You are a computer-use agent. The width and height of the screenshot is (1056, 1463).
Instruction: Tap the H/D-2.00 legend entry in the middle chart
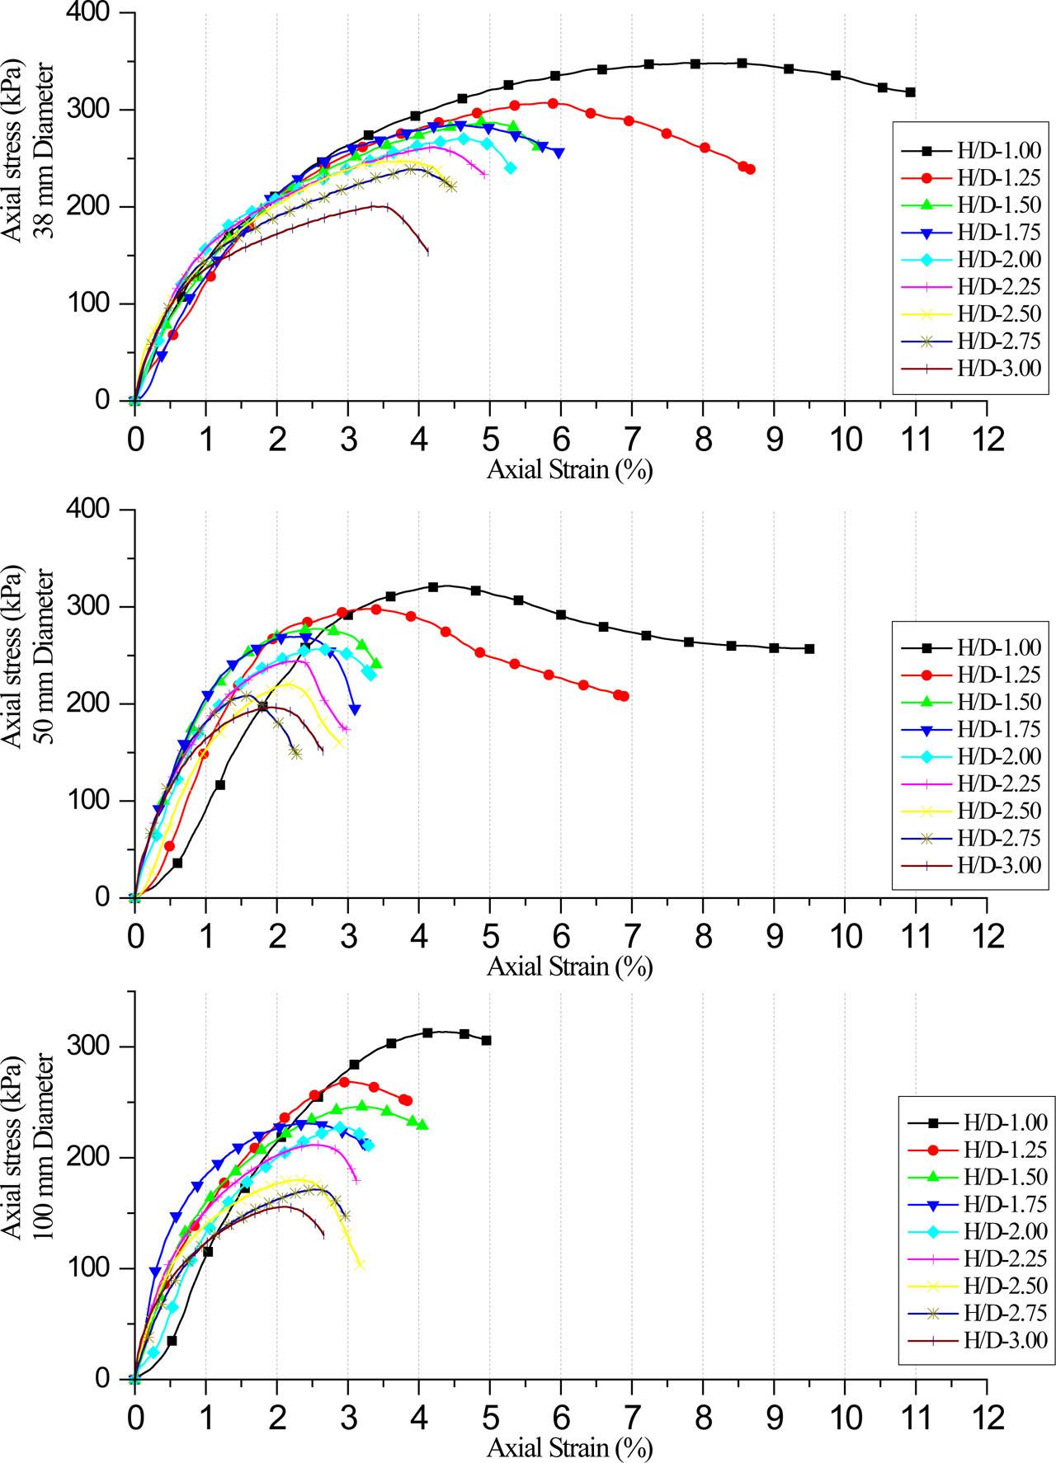[970, 755]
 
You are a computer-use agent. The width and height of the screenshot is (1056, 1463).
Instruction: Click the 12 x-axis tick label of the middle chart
[986, 935]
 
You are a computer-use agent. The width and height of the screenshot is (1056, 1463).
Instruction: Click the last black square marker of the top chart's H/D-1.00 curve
[910, 92]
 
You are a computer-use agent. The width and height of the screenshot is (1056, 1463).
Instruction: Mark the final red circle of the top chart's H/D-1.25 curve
[750, 169]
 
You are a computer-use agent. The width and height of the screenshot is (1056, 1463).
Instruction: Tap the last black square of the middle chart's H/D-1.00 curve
[809, 649]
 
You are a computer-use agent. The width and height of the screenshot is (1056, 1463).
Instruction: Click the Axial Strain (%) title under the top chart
[569, 470]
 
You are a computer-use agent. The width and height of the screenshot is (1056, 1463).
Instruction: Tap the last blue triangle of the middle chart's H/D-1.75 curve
[355, 709]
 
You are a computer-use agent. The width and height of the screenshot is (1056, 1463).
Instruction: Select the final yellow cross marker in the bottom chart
[360, 1264]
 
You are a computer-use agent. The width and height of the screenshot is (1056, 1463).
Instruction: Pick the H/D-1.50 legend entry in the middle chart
[970, 701]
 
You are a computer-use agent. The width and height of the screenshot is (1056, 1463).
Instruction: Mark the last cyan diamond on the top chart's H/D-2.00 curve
[510, 167]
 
